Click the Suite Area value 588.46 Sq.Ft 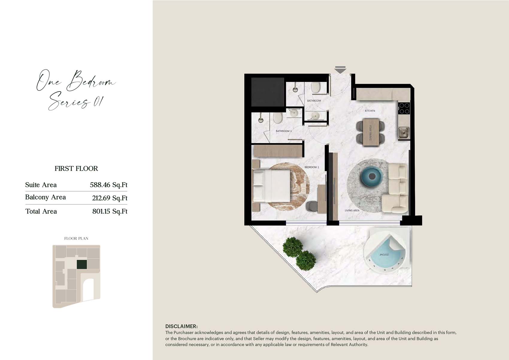click(x=108, y=185)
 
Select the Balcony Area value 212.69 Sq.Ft click(x=110, y=198)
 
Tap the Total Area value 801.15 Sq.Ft click(x=110, y=211)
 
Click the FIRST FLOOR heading click(x=76, y=169)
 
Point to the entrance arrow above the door click(x=340, y=70)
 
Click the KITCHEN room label click(x=370, y=111)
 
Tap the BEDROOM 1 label click(x=312, y=167)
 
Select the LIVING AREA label click(x=352, y=211)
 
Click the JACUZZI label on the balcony click(x=384, y=255)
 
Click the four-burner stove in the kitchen click(x=404, y=108)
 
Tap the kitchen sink click(x=403, y=132)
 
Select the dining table click(x=371, y=132)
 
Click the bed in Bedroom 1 click(x=272, y=186)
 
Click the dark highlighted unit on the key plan click(x=82, y=264)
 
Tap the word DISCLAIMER click(x=181, y=326)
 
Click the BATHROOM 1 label click(x=284, y=131)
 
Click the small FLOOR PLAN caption click(x=76, y=238)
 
